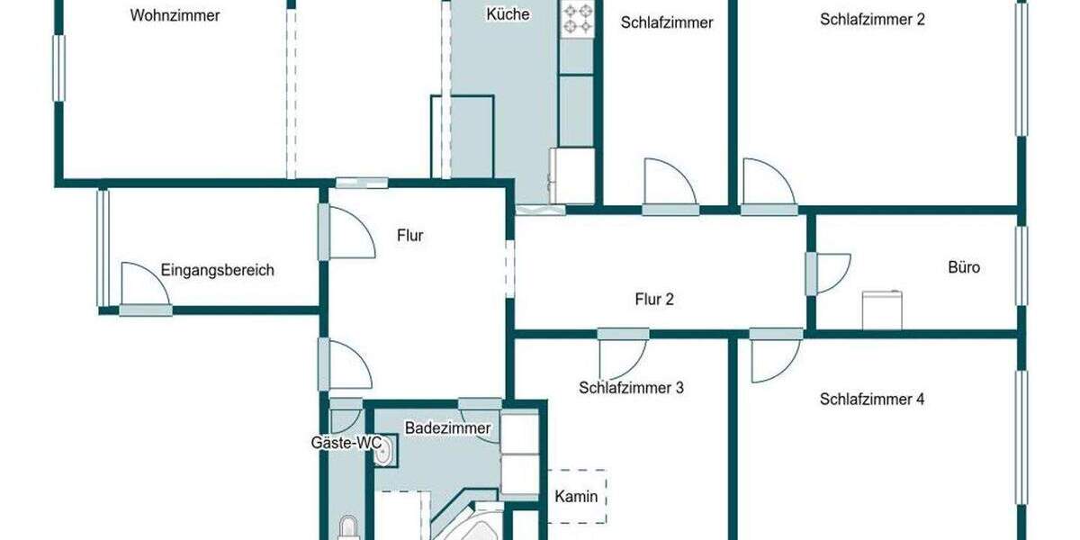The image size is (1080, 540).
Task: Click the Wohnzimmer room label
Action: coord(175,15)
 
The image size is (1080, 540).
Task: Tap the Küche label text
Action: coord(508,14)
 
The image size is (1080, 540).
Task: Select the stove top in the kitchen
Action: coord(577,20)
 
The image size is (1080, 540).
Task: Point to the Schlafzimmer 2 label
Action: coord(872,19)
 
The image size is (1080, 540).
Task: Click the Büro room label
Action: coord(964,267)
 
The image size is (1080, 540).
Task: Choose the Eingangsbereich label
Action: coord(217,270)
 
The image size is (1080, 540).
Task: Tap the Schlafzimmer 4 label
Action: coord(872,399)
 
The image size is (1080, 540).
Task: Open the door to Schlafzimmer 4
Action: coord(772,356)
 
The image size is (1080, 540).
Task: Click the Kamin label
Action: coord(576,496)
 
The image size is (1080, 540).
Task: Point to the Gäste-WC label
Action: coord(346,443)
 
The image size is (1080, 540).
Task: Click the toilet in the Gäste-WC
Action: coord(347,529)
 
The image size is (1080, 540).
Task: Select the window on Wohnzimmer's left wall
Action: coord(59,67)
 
